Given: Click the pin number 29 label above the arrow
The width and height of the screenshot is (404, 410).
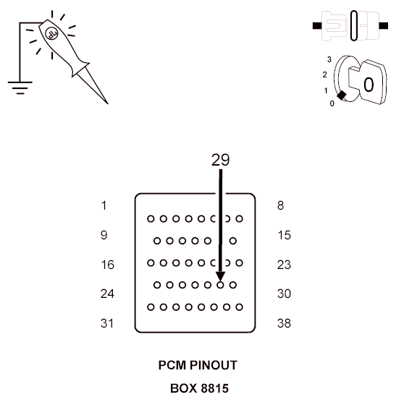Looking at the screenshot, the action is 220,160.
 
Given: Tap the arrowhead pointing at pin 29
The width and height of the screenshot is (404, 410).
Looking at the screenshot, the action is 220,277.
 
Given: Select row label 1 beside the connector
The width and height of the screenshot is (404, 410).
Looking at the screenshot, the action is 104,205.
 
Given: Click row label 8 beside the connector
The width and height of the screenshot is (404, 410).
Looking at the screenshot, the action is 280,205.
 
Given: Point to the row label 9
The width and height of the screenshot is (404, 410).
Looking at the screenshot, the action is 104,235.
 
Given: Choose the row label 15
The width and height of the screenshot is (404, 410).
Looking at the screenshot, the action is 284,235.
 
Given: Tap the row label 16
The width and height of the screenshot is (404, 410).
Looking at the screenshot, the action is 108,265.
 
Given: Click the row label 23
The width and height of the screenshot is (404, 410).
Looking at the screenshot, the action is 284,265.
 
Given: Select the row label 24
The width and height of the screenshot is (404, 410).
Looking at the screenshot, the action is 107,294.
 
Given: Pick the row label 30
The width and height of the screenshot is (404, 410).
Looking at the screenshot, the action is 284,294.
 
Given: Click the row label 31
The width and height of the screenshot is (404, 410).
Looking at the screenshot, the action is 107,323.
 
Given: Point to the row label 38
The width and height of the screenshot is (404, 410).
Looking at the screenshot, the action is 284,323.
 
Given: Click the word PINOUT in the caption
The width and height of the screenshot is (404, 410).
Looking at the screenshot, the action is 213,365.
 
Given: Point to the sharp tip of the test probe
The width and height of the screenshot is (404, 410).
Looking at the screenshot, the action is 108,103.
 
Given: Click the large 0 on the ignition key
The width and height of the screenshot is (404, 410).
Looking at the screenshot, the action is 369,85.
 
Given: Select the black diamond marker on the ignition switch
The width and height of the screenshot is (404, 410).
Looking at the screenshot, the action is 342,95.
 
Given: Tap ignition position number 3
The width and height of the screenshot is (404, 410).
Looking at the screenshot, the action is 329,59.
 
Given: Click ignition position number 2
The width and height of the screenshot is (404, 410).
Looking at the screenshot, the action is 324,74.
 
